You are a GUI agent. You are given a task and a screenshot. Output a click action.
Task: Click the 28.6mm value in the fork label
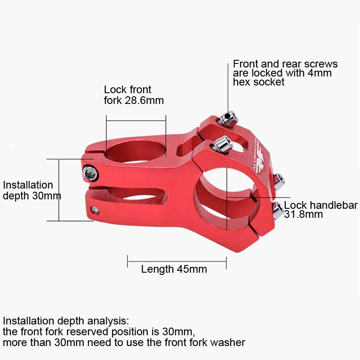click(x=144, y=100)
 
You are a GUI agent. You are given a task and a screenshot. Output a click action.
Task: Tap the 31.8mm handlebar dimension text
click(x=303, y=214)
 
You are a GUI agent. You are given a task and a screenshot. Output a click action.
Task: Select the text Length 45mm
click(x=174, y=269)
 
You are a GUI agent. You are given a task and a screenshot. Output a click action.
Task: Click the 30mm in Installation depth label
click(x=47, y=196)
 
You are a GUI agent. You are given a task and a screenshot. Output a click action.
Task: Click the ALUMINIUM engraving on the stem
click(x=255, y=154)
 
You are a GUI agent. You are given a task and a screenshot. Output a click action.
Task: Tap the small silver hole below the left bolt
click(x=94, y=210)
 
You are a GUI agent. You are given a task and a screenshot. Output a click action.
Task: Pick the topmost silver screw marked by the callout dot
click(x=229, y=119)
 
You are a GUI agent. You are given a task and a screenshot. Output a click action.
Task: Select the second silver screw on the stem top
click(x=222, y=144)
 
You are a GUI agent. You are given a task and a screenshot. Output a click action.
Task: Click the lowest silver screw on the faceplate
click(x=277, y=210)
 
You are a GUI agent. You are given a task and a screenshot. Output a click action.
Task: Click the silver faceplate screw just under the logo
click(x=279, y=181)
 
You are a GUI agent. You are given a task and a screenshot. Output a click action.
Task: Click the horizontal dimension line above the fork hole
click(x=136, y=121)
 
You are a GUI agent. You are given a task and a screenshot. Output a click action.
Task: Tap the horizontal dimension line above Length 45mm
click(x=177, y=261)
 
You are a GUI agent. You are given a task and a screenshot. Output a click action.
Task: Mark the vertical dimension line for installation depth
click(x=59, y=190)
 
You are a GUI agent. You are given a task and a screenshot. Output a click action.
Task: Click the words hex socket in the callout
click(x=259, y=82)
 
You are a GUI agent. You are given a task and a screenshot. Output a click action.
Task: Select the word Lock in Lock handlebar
click(x=295, y=205)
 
